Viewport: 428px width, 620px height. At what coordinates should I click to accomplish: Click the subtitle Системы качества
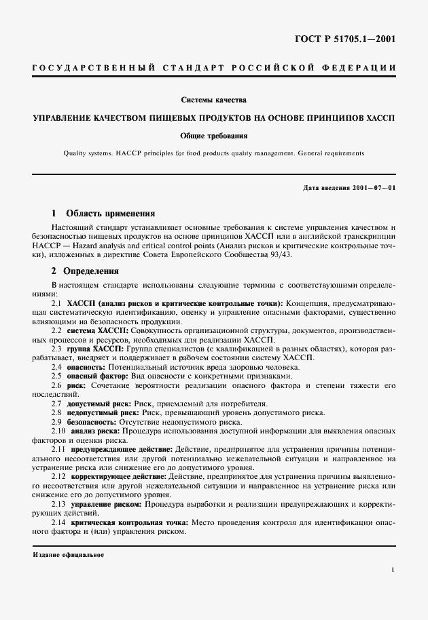pyautogui.click(x=213, y=100)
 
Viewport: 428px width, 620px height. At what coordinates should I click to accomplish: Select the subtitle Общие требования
pyautogui.click(x=213, y=136)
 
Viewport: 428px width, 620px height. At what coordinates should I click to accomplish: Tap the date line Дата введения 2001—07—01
pyautogui.click(x=349, y=187)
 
